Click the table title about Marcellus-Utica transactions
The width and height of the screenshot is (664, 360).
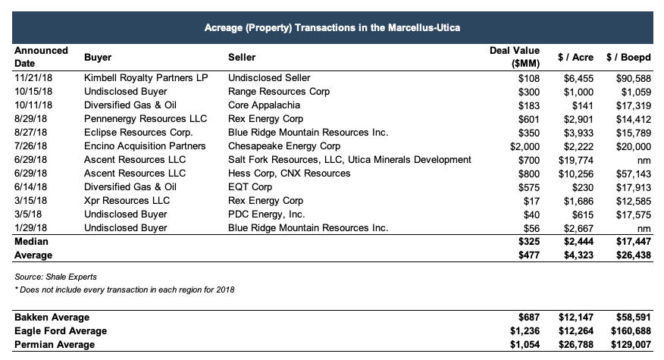coord(333,27)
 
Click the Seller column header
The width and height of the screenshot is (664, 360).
coord(242,57)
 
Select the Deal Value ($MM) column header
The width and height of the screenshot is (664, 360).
coord(515,57)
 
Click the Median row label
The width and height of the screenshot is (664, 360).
coord(31,242)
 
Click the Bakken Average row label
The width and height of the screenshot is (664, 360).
coord(51,318)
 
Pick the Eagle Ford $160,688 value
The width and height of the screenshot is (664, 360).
coord(628,331)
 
